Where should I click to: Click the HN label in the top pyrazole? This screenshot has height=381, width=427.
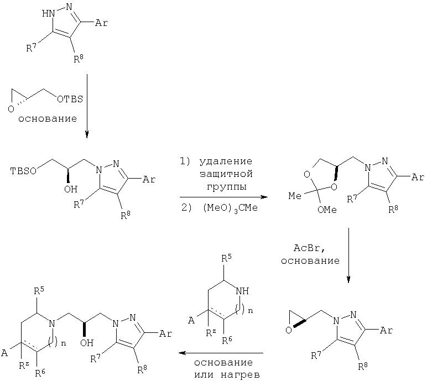[48, 13]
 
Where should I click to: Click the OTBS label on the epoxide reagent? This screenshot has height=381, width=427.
[70, 99]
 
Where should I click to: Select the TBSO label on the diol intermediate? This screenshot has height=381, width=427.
[23, 171]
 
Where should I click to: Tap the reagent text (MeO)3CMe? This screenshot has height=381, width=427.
[230, 208]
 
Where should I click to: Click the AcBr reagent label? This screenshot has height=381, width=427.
[309, 248]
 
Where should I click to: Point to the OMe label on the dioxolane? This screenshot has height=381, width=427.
[327, 210]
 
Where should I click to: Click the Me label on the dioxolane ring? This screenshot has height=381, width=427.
[295, 196]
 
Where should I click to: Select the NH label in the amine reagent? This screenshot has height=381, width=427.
[242, 291]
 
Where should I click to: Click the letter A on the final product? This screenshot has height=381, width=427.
[4, 353]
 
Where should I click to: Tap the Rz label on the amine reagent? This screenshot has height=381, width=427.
[211, 332]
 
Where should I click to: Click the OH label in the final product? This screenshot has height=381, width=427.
[87, 343]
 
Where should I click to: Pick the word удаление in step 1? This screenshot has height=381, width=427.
[226, 161]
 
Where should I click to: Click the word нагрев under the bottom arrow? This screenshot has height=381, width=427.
[239, 375]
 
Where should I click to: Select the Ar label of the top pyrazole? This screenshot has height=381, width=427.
[101, 23]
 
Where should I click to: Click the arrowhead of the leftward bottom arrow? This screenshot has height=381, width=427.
[181, 353]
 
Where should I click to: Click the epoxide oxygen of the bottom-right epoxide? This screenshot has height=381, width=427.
[289, 330]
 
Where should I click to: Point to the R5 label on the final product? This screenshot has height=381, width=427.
[39, 291]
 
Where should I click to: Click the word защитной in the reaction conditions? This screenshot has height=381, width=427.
[226, 174]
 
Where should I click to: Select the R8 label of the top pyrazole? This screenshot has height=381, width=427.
[79, 59]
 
